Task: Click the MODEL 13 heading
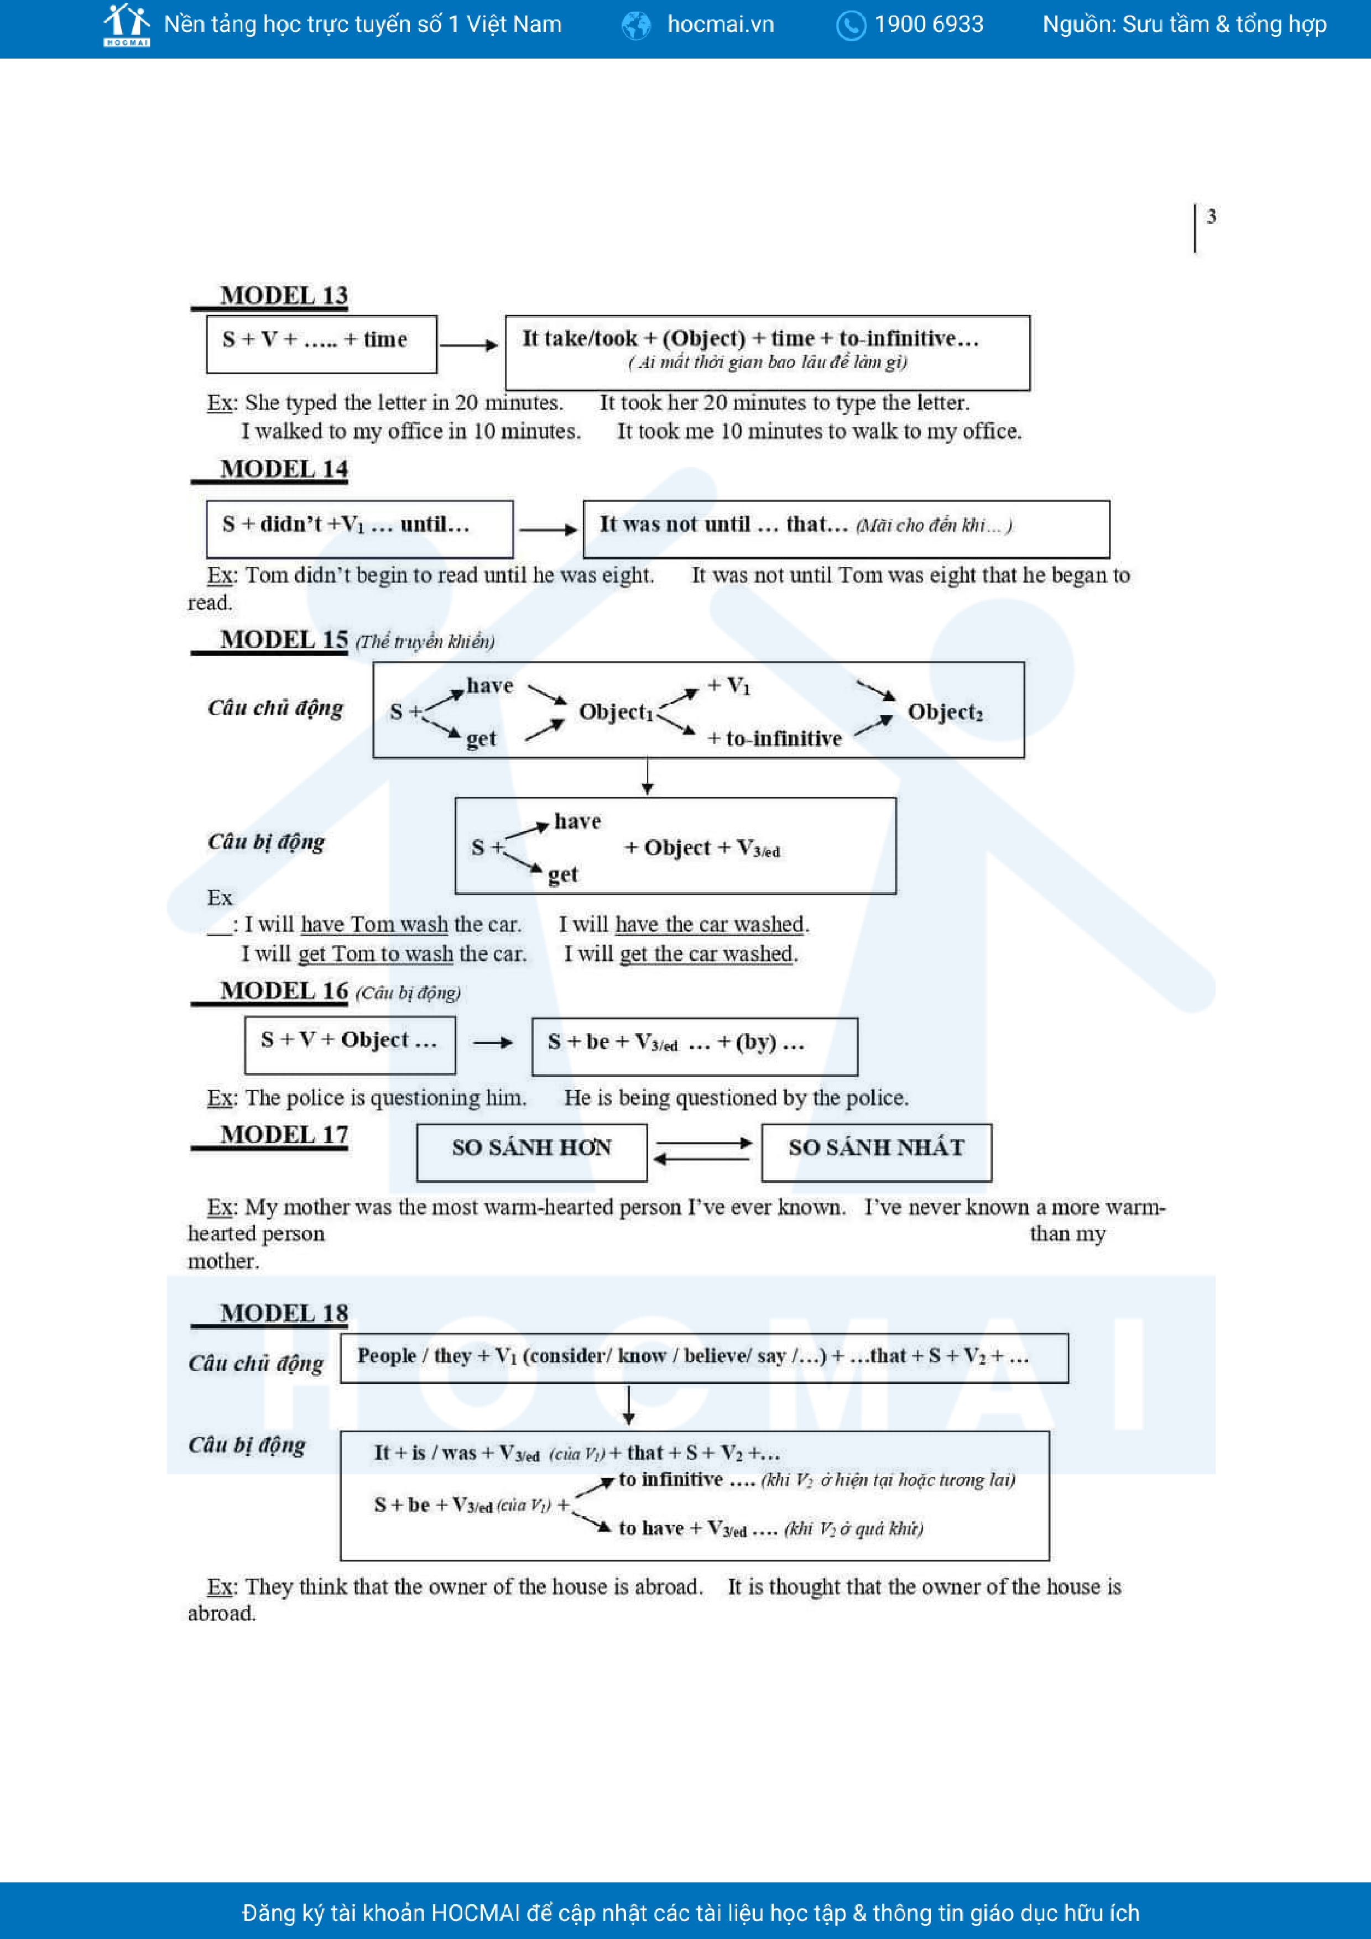[x=283, y=296]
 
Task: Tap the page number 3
[x=1211, y=217]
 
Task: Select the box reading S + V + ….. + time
[x=321, y=344]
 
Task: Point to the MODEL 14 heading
[x=283, y=469]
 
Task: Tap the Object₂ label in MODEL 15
[x=945, y=712]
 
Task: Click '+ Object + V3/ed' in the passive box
[x=701, y=848]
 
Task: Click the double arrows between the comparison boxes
[x=703, y=1151]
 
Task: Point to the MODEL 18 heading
[x=283, y=1313]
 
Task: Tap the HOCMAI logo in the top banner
[x=127, y=24]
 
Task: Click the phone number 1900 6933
[x=929, y=24]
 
